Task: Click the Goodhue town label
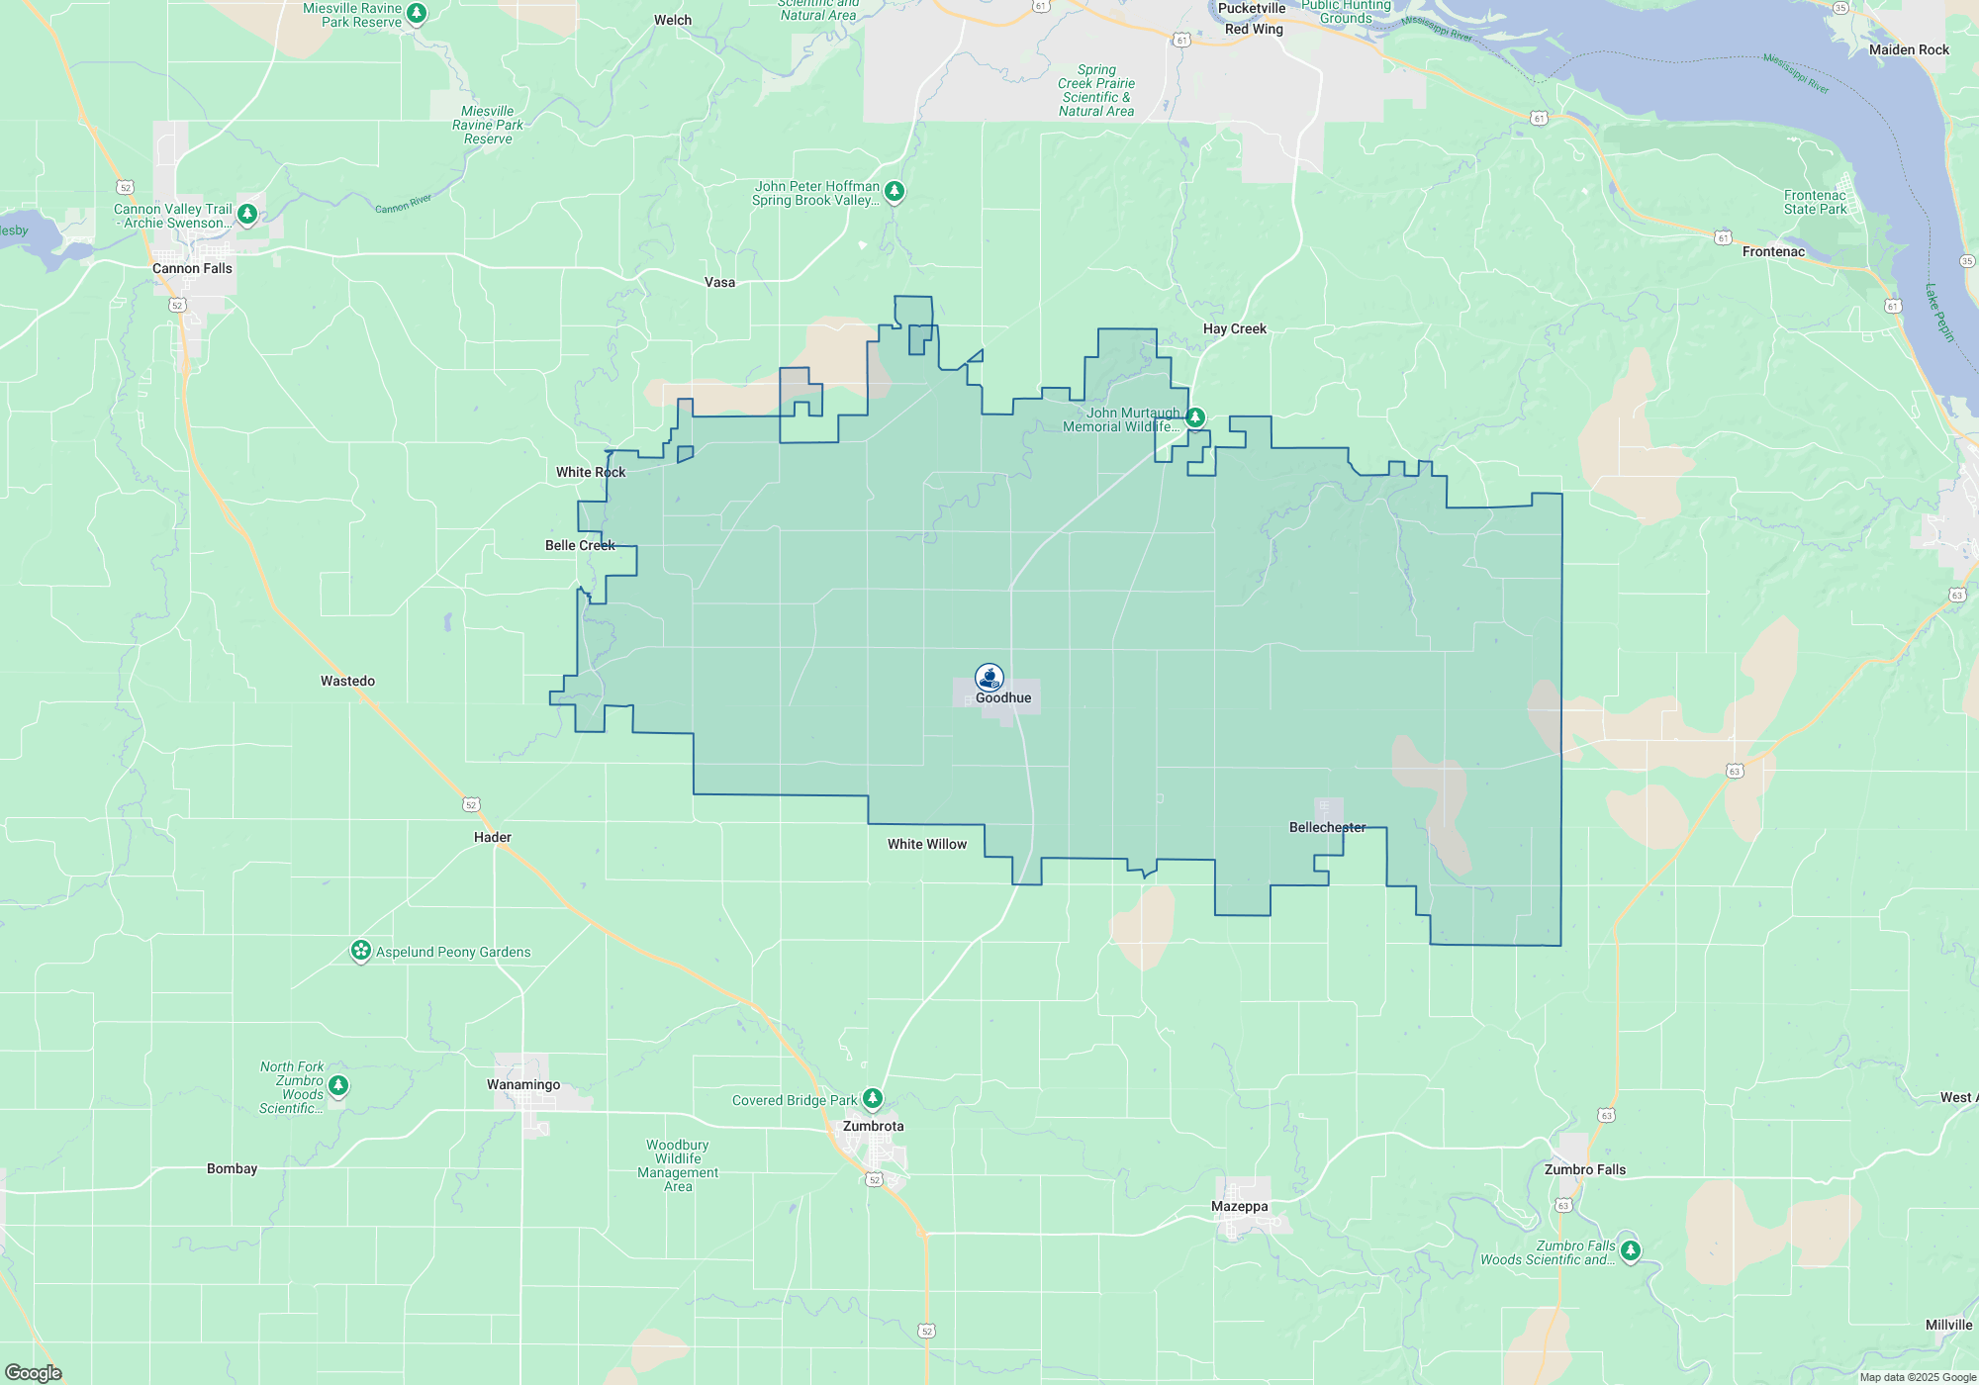point(1003,697)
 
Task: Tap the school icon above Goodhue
point(989,677)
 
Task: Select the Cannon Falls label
point(192,268)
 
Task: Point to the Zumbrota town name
point(873,1126)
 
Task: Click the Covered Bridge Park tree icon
point(872,1098)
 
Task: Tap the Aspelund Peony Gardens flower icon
point(361,951)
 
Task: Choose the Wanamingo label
point(523,1084)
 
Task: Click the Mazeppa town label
point(1239,1206)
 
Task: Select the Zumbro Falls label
point(1585,1169)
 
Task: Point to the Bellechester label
point(1327,827)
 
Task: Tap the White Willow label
point(927,844)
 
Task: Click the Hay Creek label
point(1235,328)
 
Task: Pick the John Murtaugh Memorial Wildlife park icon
point(1195,417)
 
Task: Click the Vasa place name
point(719,282)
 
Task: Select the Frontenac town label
point(1773,251)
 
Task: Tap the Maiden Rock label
point(1909,49)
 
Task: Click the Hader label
point(493,837)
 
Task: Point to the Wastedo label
point(347,681)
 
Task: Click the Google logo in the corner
point(34,1372)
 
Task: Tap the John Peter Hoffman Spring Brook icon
point(895,191)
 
